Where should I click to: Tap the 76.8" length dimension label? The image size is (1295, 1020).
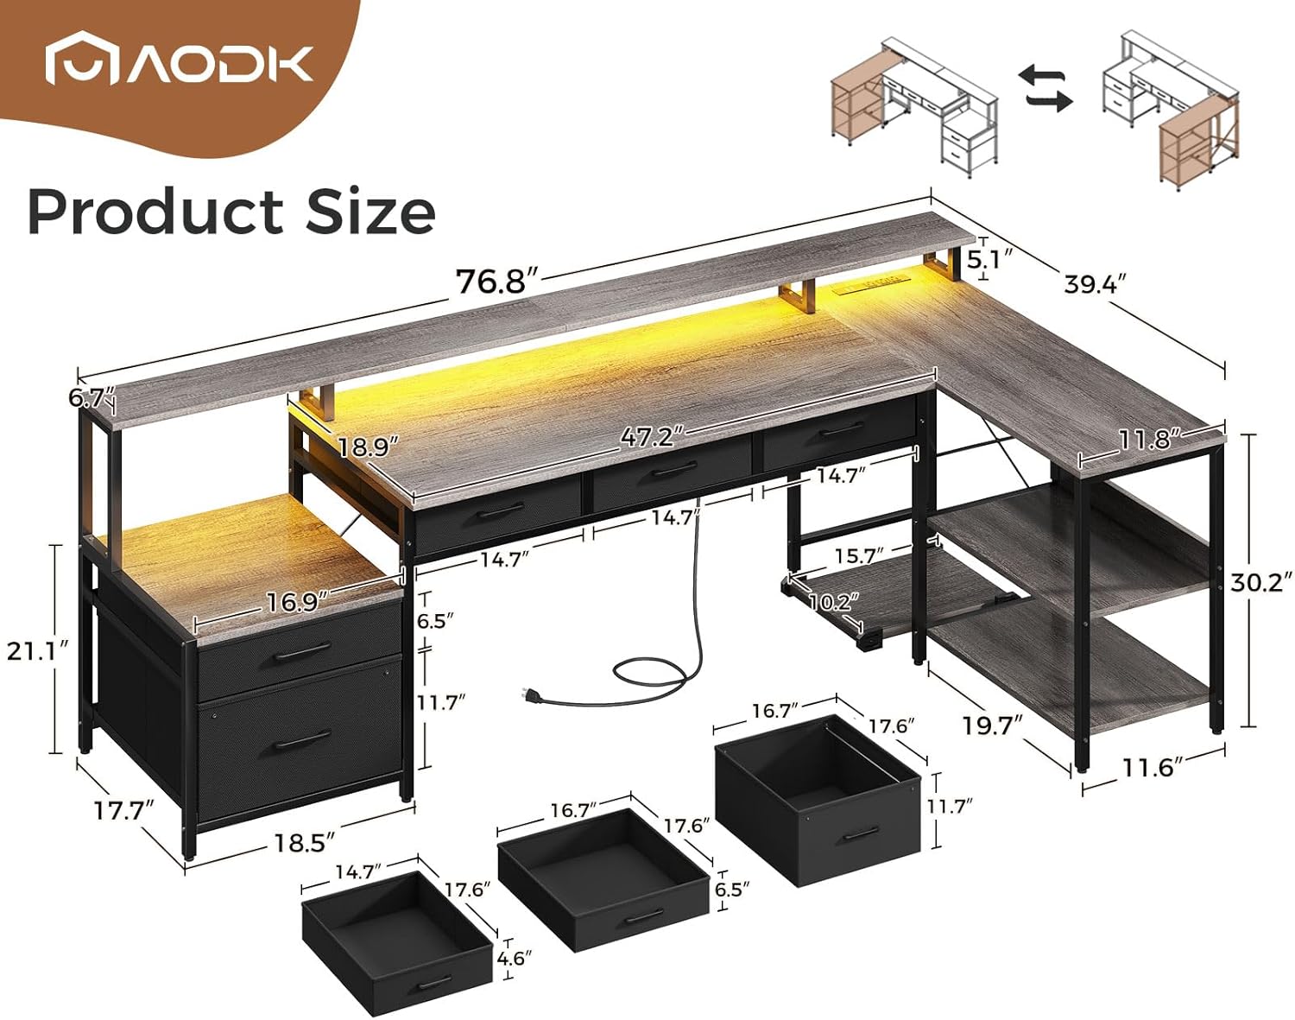[x=497, y=281]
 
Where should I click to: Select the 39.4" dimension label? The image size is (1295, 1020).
[x=1096, y=283]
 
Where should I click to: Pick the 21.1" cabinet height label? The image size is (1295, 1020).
[x=37, y=649]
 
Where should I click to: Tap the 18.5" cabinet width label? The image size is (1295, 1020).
[x=304, y=842]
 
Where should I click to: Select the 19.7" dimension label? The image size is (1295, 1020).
[x=991, y=725]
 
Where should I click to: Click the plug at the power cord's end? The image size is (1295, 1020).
[x=527, y=694]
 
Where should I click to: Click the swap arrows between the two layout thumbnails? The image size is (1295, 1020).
[x=1048, y=90]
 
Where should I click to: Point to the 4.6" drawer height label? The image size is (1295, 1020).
[x=515, y=958]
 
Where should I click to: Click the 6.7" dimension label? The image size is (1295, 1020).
[x=91, y=398]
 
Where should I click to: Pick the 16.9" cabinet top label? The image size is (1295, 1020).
[x=296, y=600]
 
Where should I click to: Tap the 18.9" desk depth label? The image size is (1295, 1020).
[x=368, y=447]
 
